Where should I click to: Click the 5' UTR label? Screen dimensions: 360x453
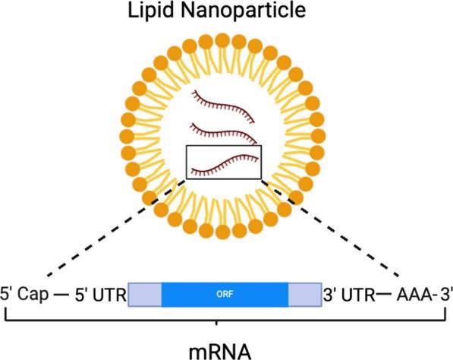98,294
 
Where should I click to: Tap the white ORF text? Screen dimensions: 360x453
225,294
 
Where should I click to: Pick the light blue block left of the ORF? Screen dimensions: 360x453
145,294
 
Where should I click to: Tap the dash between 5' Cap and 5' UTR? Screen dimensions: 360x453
59,294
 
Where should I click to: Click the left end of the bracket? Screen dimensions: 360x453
7,315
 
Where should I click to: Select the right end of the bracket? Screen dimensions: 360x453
445,315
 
